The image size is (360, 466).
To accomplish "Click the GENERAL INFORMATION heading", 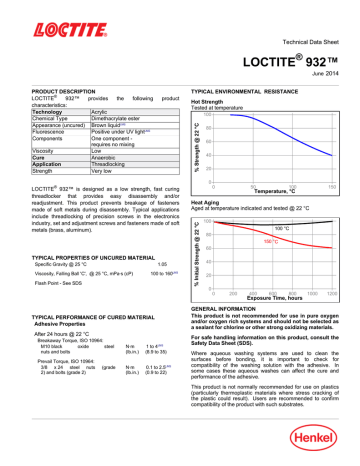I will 232,311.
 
